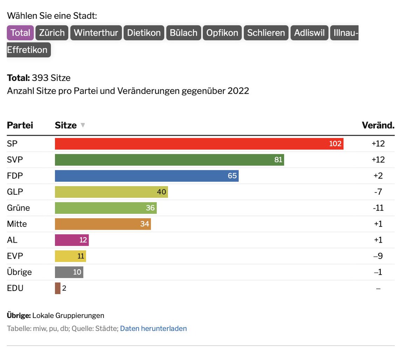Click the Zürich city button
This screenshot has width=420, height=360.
click(52, 33)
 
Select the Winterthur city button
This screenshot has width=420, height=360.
click(96, 33)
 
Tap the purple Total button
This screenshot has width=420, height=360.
click(20, 33)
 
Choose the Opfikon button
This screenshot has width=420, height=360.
click(222, 33)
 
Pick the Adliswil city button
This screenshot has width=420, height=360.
click(309, 33)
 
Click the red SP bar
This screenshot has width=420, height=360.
click(199, 144)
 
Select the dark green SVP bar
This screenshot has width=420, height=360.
click(169, 160)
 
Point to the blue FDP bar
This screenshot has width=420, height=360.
click(146, 176)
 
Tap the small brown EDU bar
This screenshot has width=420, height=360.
click(58, 288)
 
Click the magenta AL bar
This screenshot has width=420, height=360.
click(71, 240)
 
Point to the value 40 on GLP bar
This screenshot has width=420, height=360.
click(161, 192)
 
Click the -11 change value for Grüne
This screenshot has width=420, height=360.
click(378, 208)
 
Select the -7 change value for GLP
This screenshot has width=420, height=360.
click(378, 192)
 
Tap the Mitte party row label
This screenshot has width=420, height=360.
click(17, 224)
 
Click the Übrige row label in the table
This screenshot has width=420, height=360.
click(19, 272)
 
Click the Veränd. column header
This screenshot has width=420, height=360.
click(378, 125)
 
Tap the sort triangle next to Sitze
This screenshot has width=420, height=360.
click(83, 125)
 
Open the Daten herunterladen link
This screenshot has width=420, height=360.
click(153, 328)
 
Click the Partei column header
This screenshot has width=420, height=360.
click(20, 125)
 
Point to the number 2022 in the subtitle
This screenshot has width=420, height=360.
click(238, 91)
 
